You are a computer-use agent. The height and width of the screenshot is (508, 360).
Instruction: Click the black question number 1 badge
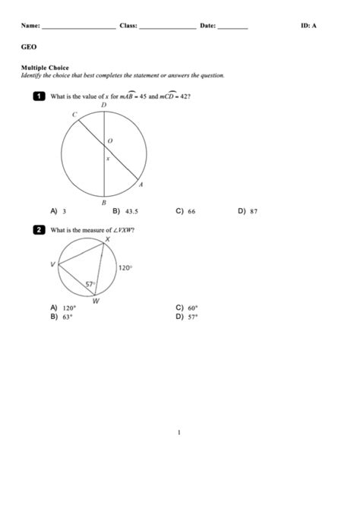38,96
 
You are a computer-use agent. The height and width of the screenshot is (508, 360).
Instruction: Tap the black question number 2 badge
38,229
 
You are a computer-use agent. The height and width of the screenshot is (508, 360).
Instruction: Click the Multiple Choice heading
45,68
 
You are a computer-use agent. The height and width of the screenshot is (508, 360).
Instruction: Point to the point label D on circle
104,106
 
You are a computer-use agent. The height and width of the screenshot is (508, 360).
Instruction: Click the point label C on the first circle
74,115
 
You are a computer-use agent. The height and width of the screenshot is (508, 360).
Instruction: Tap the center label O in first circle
110,141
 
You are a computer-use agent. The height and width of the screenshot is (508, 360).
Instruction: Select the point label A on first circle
141,184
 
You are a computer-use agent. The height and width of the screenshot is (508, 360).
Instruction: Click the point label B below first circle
104,202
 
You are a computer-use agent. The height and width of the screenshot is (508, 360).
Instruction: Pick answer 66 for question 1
191,212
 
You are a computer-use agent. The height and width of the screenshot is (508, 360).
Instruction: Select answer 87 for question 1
254,212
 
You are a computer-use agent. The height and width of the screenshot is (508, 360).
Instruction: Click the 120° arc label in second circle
125,267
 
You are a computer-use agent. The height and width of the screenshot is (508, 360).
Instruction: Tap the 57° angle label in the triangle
89,285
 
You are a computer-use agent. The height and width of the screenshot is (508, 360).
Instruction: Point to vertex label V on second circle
52,264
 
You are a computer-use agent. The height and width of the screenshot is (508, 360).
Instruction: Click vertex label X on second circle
107,238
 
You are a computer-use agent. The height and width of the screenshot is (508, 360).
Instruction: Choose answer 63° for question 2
68,317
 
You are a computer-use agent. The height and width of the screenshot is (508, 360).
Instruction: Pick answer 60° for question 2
193,308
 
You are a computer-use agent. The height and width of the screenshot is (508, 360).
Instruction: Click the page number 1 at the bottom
179,433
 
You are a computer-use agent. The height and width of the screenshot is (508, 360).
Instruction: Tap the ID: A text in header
309,26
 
